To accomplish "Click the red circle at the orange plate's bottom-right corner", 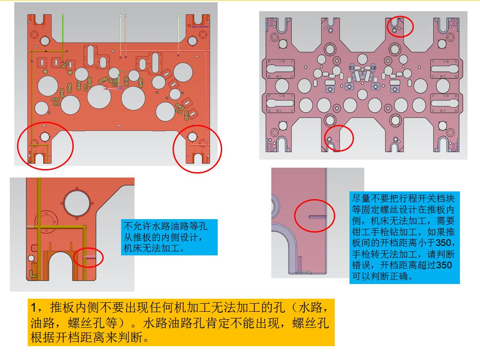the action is point(173,149).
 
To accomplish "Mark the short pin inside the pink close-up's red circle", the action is point(317,217).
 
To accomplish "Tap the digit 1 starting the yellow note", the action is point(34,307).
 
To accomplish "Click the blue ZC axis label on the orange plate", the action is point(121,88).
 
